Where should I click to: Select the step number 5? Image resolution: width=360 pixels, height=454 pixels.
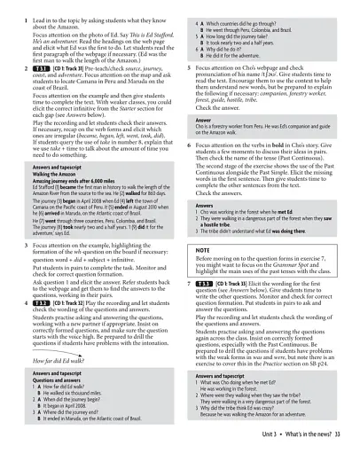pyautogui.click(x=189, y=67)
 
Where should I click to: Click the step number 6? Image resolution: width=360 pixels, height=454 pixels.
pyautogui.click(x=189, y=145)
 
